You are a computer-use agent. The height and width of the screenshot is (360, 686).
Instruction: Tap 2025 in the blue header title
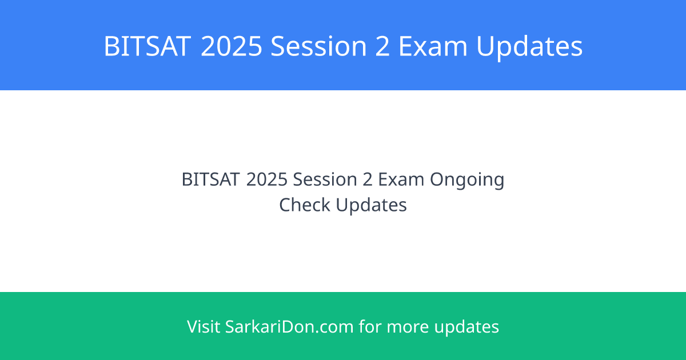click(x=232, y=46)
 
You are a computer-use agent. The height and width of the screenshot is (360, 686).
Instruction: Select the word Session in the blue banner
click(x=319, y=46)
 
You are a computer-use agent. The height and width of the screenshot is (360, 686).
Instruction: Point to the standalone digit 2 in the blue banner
click(x=382, y=46)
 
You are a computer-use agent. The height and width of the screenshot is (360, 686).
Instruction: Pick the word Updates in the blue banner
click(x=529, y=47)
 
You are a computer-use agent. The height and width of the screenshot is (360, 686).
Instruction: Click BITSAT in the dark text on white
click(x=210, y=179)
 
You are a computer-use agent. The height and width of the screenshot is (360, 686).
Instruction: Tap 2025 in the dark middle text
click(x=267, y=179)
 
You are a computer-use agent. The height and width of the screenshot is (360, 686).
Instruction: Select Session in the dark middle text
click(x=325, y=179)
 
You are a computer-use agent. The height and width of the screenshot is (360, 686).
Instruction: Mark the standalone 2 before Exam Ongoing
click(x=368, y=179)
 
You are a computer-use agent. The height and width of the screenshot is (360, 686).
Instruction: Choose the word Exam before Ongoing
click(x=401, y=179)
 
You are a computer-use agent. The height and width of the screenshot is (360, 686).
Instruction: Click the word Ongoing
click(x=467, y=181)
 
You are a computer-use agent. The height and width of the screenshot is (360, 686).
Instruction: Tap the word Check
click(x=305, y=205)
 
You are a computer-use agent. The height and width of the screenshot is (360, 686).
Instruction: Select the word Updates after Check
click(x=372, y=206)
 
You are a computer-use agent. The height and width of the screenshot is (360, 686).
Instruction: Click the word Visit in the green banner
click(x=204, y=326)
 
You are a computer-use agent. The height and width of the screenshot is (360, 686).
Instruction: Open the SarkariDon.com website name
click(x=289, y=326)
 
